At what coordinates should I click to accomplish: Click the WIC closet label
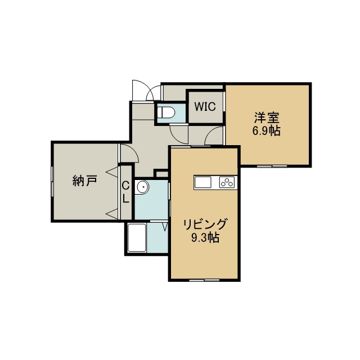205,106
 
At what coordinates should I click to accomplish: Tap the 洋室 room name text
267,118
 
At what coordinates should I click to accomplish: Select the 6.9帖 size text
267,131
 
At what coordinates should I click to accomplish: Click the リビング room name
205,224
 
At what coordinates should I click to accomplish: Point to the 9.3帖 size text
205,237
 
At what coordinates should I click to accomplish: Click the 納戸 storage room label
85,181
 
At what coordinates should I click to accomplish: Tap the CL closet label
125,192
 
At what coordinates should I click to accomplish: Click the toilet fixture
166,113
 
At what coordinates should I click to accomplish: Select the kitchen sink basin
202,183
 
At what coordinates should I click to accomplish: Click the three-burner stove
227,182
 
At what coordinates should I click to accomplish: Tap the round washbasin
142,187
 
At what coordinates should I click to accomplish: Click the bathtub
137,237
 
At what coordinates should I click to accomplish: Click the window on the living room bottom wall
204,280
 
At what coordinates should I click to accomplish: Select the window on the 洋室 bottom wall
272,166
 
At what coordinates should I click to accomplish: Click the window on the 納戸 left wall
52,182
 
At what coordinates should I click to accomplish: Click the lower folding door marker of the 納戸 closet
112,214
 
